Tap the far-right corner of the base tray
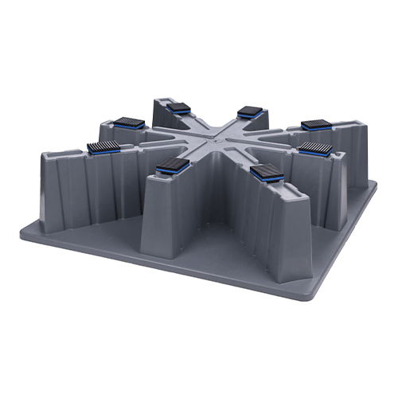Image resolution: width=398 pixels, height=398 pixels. [376, 185]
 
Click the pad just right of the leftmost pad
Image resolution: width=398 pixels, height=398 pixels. [127, 122]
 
